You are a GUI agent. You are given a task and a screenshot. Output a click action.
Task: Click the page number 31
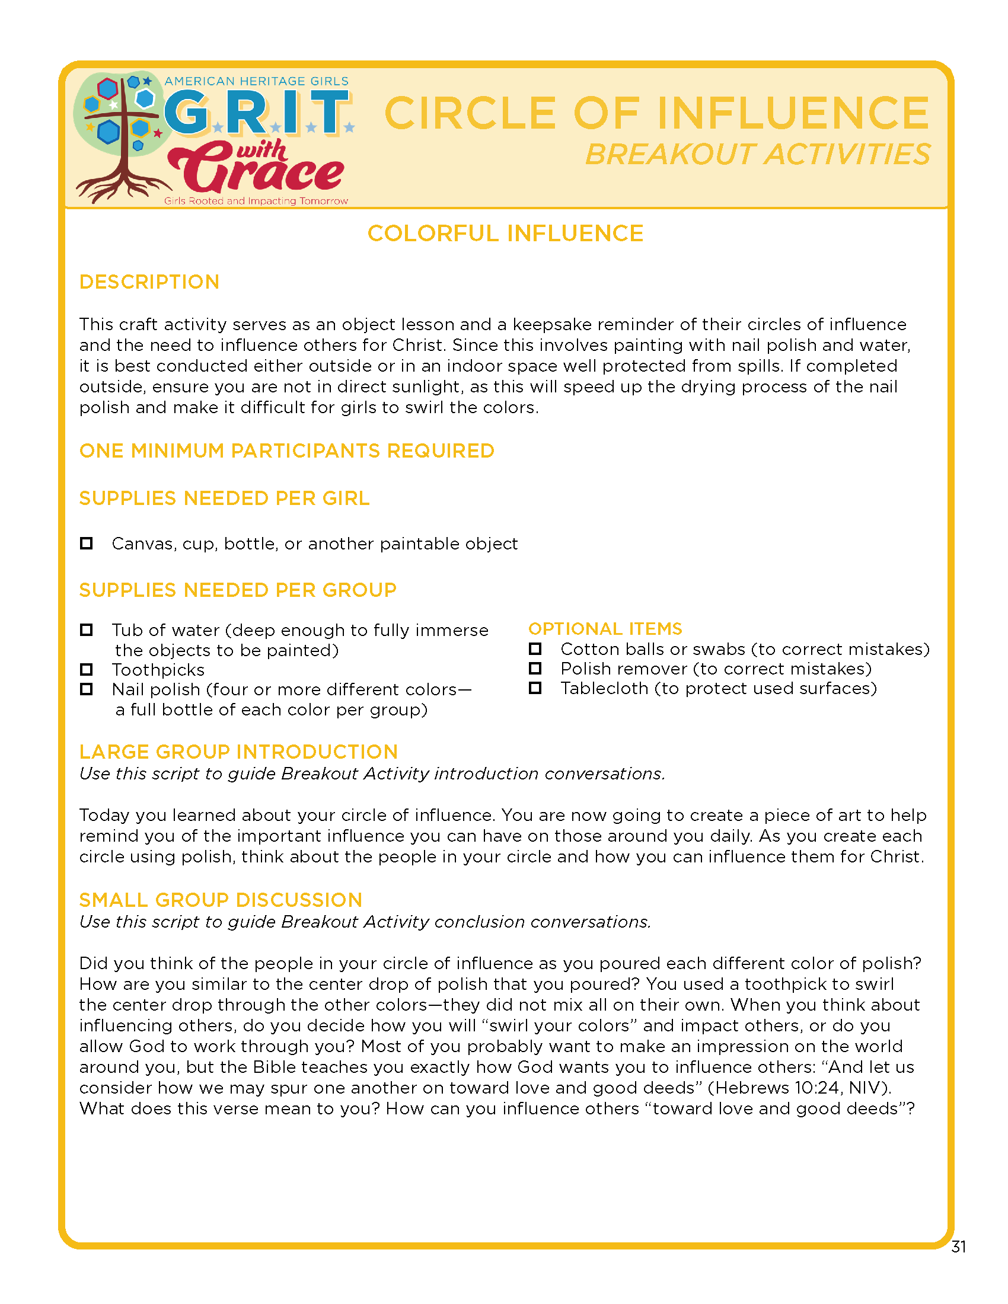[x=958, y=1246]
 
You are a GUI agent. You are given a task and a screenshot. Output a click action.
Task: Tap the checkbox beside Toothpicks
[x=87, y=669]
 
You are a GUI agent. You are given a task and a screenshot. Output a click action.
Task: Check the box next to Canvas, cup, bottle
[x=87, y=543]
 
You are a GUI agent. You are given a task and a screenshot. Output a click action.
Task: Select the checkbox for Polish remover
[x=535, y=668]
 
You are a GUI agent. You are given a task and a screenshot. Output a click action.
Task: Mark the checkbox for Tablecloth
[x=535, y=688]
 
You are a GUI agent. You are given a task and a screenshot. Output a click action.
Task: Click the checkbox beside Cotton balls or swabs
[x=535, y=648]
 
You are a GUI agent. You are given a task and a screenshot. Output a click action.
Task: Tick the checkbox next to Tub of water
[x=87, y=629]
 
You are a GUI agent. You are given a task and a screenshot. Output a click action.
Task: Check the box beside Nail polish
[x=87, y=689]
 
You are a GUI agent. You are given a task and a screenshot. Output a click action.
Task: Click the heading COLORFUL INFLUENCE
[x=505, y=234]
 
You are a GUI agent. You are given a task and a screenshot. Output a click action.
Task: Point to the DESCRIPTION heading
[x=149, y=282]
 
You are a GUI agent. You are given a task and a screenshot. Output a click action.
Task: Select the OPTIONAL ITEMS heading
[x=605, y=628]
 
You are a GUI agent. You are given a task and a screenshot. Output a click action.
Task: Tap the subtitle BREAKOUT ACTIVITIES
[x=757, y=155]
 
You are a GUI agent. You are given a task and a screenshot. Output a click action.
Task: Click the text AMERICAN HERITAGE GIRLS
[x=256, y=81]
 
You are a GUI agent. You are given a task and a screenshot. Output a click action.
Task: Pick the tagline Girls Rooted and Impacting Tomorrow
[x=256, y=201]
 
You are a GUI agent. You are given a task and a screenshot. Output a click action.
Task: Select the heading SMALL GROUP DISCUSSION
[x=221, y=900]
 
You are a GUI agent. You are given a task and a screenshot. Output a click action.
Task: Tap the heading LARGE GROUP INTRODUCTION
[x=238, y=752]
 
